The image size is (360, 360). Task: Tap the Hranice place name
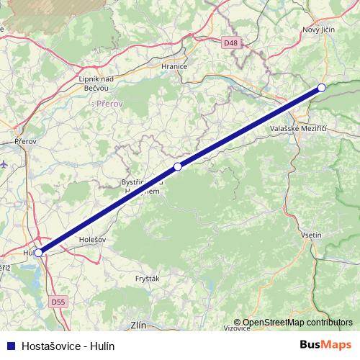[174, 66]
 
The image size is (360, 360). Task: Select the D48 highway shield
[230, 43]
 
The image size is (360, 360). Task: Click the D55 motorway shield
[58, 302]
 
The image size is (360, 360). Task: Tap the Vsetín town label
[310, 235]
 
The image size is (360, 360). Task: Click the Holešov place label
[92, 239]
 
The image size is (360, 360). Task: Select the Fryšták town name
[148, 277]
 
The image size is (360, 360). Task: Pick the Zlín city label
[138, 325]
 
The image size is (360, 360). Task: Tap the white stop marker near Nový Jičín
[322, 88]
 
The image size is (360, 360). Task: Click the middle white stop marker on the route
[178, 166]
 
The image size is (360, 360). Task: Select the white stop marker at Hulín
[39, 253]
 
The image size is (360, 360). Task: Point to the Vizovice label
[237, 328]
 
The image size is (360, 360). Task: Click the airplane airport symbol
[6, 163]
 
